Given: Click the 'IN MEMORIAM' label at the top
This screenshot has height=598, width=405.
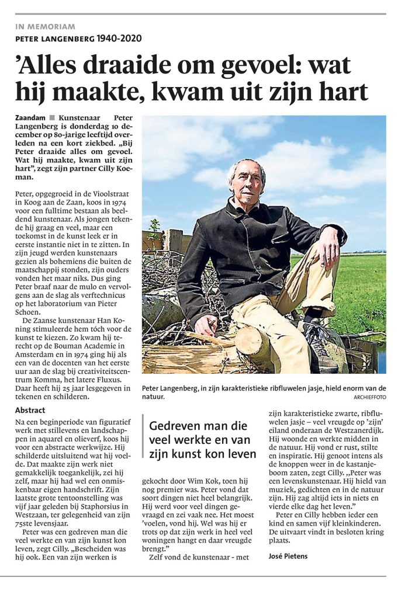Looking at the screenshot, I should pyautogui.click(x=45, y=26).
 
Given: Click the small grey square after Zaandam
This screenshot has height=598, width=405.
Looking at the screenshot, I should pyautogui.click(x=52, y=118).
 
